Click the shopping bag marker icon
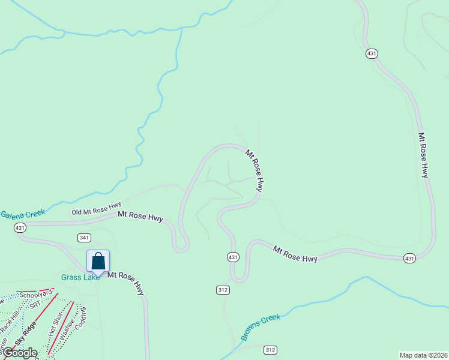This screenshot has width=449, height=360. click(98, 262)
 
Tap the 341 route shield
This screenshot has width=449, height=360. click(85, 238)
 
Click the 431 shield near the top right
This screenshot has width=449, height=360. click(372, 53)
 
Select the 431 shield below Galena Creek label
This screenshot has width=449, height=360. click(20, 228)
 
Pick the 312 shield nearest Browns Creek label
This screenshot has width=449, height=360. click(270, 350)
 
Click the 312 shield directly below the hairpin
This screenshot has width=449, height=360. click(223, 290)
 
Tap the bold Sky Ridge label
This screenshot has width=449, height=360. click(26, 335)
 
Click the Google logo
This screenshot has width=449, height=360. click(19, 353)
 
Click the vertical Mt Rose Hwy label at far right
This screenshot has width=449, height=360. click(424, 155)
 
